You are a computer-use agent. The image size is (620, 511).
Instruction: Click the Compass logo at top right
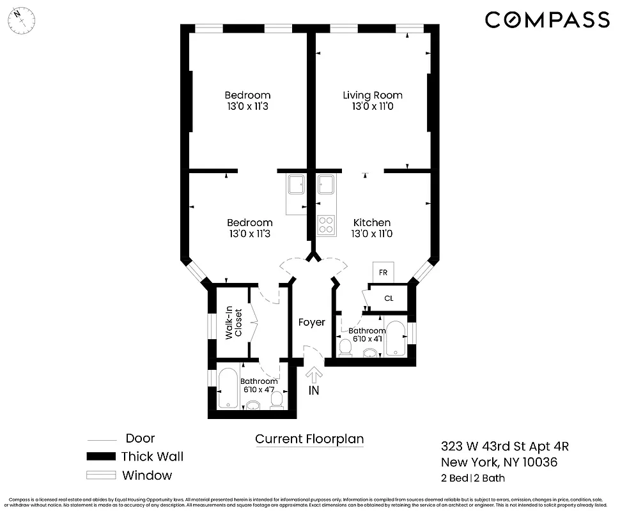(x=547, y=20)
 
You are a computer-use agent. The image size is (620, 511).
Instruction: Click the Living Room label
(x=373, y=95)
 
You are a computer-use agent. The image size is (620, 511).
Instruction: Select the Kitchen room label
(x=372, y=222)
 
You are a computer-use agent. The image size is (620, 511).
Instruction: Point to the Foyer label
(x=312, y=323)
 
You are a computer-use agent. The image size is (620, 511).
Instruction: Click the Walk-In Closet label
(x=234, y=323)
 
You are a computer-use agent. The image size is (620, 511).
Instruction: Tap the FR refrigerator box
(x=384, y=272)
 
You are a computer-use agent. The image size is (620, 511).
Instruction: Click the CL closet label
(x=389, y=298)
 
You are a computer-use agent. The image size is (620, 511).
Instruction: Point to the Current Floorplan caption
(x=309, y=439)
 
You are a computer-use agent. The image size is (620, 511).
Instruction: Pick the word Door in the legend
(x=140, y=438)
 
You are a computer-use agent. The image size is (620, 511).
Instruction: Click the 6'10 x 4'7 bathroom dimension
(x=259, y=388)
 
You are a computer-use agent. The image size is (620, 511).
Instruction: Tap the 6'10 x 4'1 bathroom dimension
(x=367, y=339)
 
